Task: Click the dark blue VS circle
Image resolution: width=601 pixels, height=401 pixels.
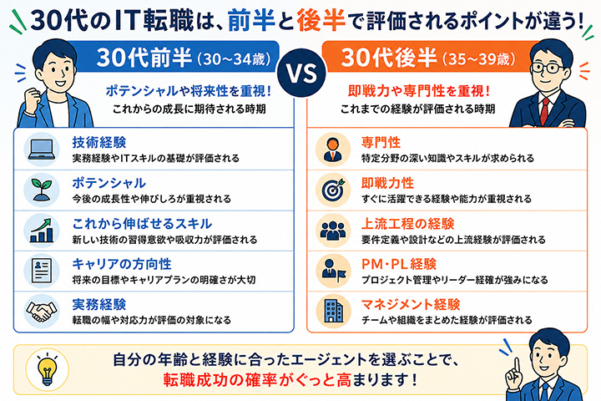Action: (301, 73)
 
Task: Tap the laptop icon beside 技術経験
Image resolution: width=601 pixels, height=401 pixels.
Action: (42, 150)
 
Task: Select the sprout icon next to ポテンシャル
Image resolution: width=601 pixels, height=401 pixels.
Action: (42, 190)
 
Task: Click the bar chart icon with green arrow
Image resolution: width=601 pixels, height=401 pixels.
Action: (42, 231)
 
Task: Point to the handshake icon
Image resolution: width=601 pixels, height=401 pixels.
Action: (42, 312)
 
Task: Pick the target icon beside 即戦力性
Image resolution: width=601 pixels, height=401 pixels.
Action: (333, 190)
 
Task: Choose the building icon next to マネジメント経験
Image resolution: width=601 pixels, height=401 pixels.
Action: (333, 311)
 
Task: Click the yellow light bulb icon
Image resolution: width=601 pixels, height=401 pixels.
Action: (47, 369)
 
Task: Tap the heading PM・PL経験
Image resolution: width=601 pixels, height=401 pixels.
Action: (399, 264)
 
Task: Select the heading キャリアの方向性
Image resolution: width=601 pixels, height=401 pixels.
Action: (122, 264)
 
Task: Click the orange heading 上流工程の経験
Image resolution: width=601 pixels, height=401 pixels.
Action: (407, 224)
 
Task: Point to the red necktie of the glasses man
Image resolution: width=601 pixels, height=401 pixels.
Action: (544, 111)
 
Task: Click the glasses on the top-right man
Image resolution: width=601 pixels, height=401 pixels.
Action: (548, 69)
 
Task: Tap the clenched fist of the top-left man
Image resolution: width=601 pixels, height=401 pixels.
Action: (33, 99)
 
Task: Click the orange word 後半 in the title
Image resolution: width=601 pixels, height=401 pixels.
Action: (321, 20)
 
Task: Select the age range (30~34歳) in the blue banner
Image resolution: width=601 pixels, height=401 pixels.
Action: (234, 59)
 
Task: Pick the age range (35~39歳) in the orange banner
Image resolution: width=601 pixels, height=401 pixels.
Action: (479, 59)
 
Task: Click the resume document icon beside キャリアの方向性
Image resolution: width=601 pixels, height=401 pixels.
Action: (42, 271)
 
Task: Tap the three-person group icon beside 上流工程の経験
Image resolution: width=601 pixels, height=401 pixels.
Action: (333, 231)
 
